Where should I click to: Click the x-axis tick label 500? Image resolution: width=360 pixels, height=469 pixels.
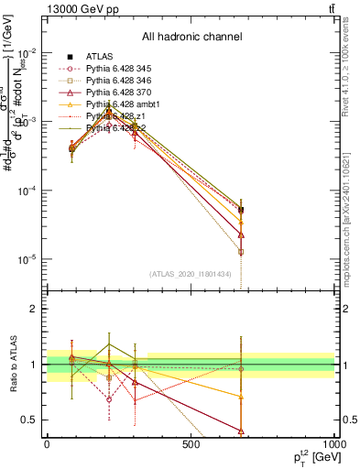click(191, 445)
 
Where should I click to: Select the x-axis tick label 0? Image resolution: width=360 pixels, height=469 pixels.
click(47, 445)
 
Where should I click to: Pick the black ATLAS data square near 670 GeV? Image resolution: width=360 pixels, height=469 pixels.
click(241, 210)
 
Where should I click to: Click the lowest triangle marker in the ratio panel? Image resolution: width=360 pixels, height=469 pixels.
click(241, 431)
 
